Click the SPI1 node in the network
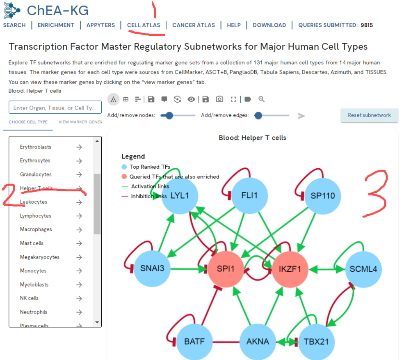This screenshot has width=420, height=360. tap(226, 269)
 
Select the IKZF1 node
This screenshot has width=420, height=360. tap(290, 269)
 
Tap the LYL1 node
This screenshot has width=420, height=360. tap(180, 196)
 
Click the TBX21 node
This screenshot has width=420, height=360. tap(316, 342)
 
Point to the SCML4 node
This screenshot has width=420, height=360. tap(363, 269)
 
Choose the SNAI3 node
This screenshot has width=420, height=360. tap(152, 269)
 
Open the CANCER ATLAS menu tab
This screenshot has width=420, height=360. tap(194, 25)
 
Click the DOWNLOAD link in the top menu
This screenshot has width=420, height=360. tap(269, 25)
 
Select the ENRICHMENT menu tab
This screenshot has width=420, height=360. tap(56, 25)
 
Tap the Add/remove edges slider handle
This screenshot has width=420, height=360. tap(258, 116)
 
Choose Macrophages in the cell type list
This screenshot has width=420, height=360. tap(36, 229)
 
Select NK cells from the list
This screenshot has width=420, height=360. tap(29, 298)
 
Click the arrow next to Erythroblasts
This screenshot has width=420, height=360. tap(79, 147)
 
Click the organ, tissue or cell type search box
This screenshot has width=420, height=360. tap(55, 108)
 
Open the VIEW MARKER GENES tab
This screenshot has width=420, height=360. tap(80, 122)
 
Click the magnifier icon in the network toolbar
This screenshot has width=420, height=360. tap(262, 99)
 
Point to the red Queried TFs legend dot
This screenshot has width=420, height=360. tap(124, 177)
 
